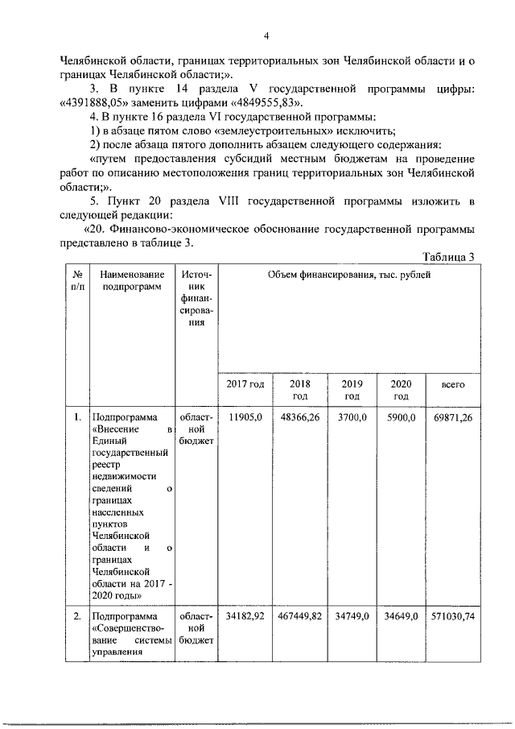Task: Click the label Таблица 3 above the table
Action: click(449, 256)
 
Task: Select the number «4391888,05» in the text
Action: click(106, 103)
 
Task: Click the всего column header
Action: click(454, 384)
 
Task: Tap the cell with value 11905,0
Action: click(245, 418)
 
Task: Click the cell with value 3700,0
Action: click(352, 418)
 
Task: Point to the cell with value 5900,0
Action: click(401, 418)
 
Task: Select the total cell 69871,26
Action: click(454, 418)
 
